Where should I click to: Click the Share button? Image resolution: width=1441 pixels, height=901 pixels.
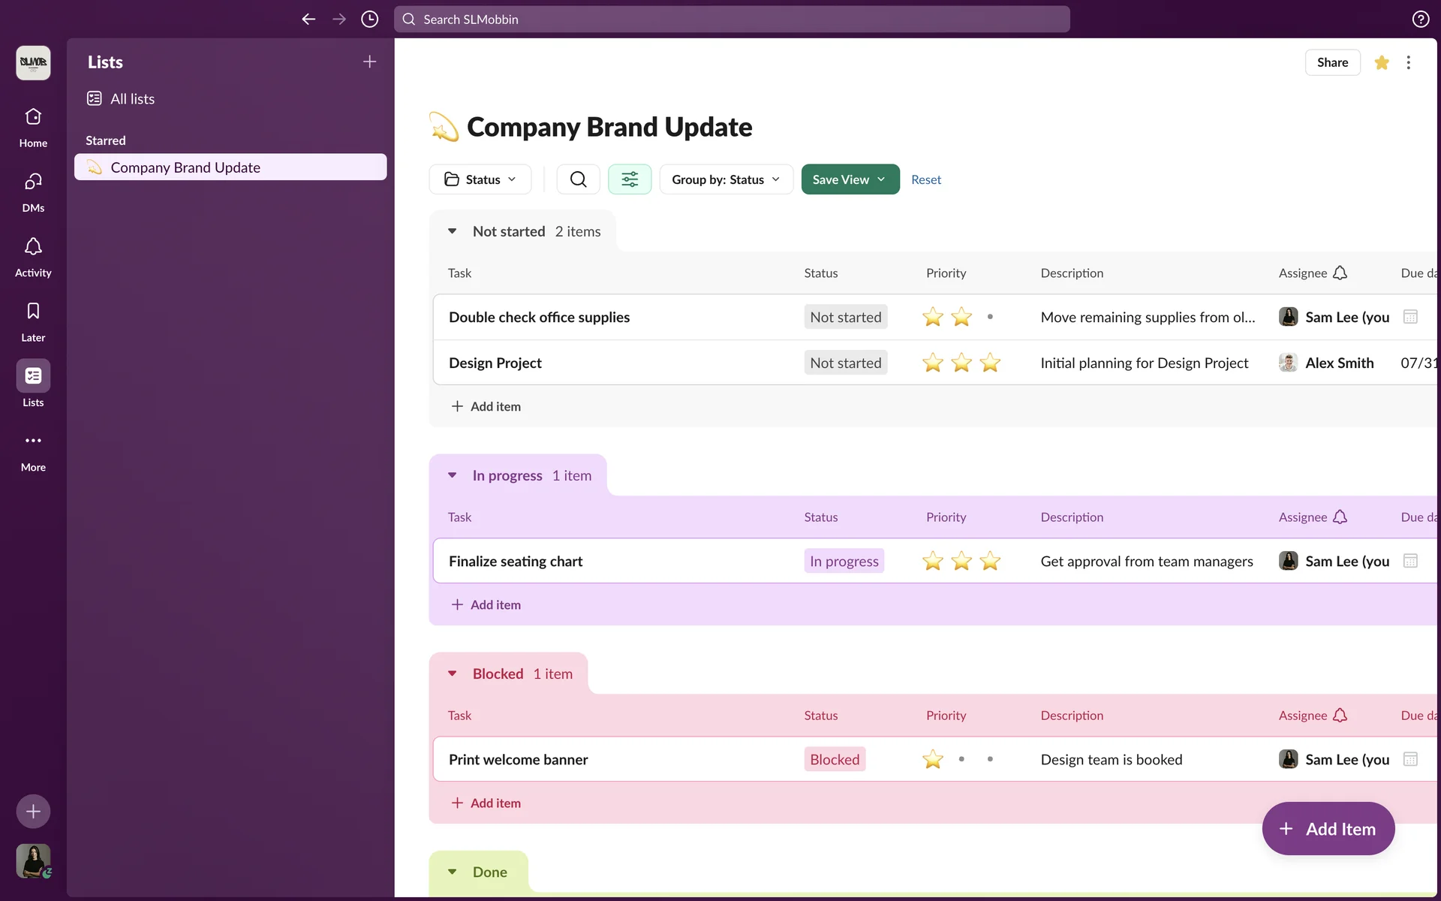tap(1332, 62)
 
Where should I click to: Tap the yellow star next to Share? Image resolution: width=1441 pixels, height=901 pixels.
tap(1382, 62)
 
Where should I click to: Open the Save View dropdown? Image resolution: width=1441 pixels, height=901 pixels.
tap(850, 179)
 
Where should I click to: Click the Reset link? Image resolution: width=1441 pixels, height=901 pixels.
tap(925, 179)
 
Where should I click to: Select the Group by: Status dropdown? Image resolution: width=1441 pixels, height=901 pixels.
tap(726, 179)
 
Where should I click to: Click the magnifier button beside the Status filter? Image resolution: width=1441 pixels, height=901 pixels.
tap(578, 179)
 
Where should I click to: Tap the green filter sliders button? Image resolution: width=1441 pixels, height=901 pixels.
tap(630, 179)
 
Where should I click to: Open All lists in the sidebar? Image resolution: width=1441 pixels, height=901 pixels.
tap(132, 99)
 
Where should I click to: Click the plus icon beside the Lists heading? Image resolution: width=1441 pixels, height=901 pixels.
tap(369, 62)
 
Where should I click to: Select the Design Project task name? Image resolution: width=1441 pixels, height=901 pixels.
tap(495, 363)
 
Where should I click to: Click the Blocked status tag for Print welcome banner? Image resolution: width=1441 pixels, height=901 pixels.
tap(835, 760)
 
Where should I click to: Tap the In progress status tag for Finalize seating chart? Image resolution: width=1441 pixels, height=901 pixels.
tap(844, 562)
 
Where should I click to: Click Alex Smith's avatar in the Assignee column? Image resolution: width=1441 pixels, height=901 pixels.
tap(1288, 363)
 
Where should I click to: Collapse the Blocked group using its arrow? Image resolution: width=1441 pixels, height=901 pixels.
tap(452, 673)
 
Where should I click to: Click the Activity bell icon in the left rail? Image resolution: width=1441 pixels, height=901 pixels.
tap(33, 247)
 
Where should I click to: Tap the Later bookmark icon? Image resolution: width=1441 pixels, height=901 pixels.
tap(33, 312)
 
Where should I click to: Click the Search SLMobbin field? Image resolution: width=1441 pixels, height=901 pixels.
tap(732, 20)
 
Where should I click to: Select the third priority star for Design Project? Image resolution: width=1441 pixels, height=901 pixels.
tap(990, 363)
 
